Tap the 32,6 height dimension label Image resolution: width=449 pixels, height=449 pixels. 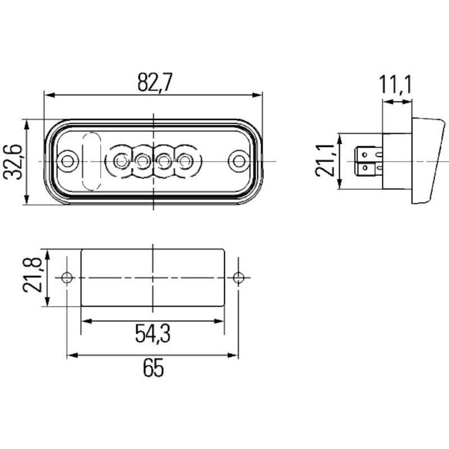coord(13,161)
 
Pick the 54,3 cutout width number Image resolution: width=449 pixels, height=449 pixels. coord(153,333)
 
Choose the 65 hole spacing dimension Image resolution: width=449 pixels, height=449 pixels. coord(153,369)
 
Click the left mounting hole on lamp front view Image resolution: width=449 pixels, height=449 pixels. coord(68,161)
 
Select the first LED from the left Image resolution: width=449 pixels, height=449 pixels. coord(120,161)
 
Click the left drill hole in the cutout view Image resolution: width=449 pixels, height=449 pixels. coord(67,277)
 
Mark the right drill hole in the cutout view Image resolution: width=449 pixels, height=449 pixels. coord(239,277)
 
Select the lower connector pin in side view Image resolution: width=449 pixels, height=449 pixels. coord(368,168)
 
